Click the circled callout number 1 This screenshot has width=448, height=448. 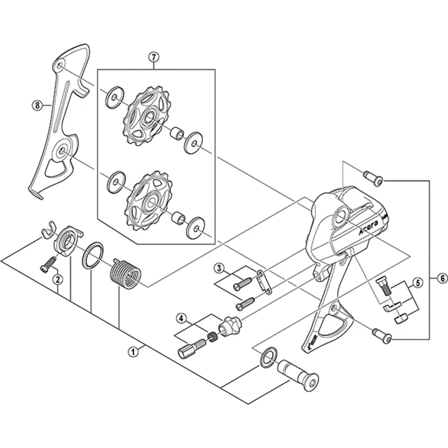click(x=133, y=352)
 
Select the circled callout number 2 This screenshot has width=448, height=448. click(x=58, y=278)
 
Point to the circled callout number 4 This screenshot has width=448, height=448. click(x=181, y=318)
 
